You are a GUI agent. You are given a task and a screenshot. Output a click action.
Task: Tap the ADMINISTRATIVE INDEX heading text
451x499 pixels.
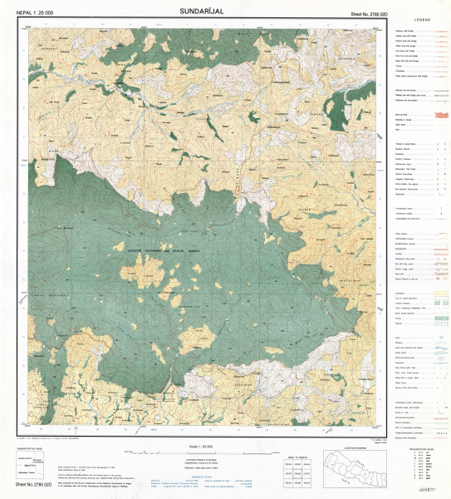pyautogui.click(x=33, y=447)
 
